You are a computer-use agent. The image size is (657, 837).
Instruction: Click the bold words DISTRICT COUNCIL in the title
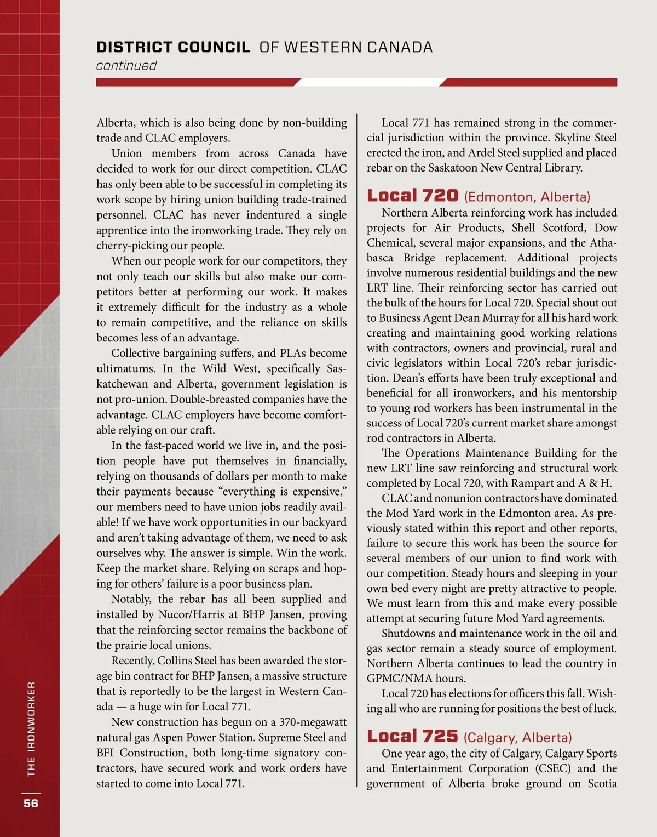coord(173,47)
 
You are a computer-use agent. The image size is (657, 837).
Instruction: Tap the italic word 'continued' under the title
coord(126,66)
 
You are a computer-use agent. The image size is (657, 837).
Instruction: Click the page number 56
coord(31,803)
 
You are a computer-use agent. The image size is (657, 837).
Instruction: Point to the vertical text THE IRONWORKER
coord(31,728)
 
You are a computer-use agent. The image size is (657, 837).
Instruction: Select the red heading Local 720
coord(412,195)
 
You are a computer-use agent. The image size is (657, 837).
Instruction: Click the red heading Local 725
coord(412,736)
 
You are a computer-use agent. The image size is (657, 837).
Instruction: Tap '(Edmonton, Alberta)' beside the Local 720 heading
coord(527,197)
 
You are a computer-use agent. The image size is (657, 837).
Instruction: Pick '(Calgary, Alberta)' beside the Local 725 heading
coord(517,737)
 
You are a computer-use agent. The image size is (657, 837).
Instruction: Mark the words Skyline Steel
coord(585,138)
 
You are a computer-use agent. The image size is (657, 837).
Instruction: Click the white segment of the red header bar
coord(370,82)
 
